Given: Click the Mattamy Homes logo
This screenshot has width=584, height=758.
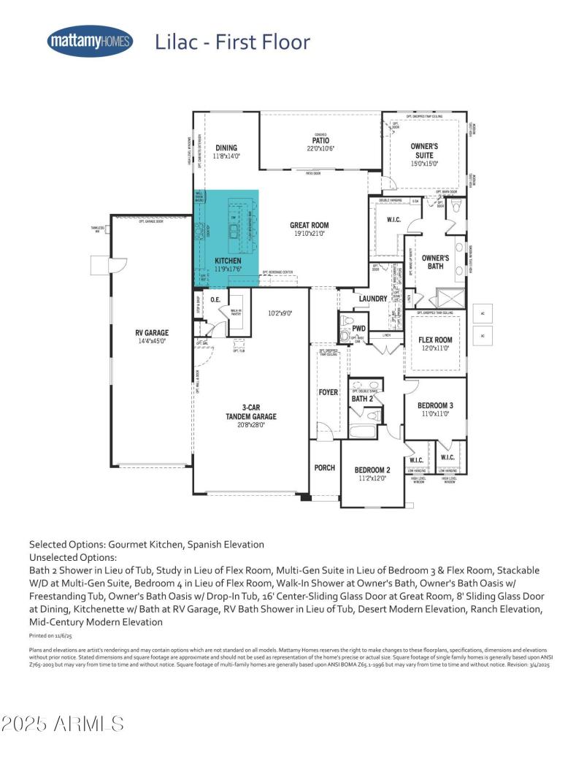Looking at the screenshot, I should point(90,42).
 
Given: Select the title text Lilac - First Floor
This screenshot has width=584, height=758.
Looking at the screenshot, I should point(232,42).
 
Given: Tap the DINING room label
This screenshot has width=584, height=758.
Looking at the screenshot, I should point(226,148).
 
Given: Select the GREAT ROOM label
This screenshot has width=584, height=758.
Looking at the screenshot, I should point(309,226).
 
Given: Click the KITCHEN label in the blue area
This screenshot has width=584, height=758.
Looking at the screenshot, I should point(228,261).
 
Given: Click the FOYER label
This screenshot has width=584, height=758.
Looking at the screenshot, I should point(328,392).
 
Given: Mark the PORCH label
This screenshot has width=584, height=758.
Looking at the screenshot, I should point(324,467).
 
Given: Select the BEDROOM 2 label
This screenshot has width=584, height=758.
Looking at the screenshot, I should point(372,470).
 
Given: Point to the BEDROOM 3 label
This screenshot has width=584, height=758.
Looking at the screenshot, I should point(435,405).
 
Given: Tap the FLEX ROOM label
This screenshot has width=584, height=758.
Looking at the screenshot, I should point(435,340).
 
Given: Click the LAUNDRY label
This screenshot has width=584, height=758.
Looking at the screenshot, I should point(372,299).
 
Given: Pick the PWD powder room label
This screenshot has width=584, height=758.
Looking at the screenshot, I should point(358,329).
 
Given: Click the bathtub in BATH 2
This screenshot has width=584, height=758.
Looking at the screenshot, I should point(362,430).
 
